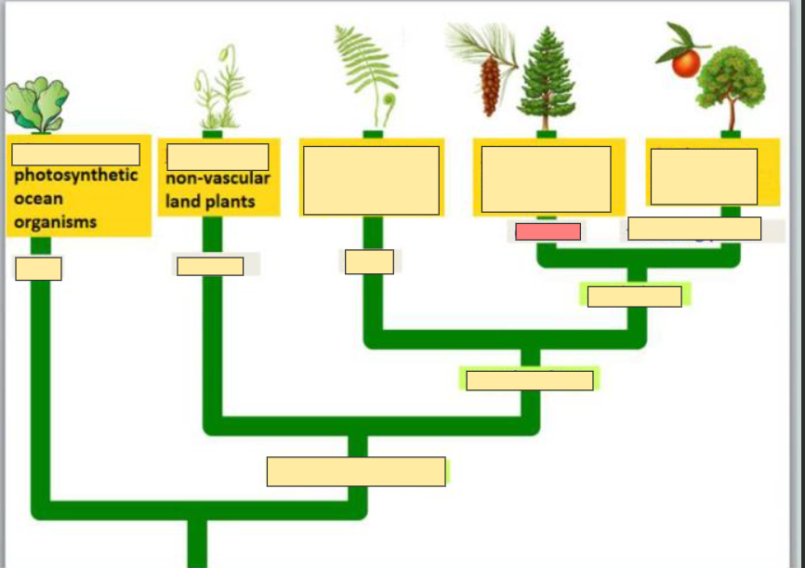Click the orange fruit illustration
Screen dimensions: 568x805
(686, 62)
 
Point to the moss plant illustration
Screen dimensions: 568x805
(219, 93)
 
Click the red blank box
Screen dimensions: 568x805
(548, 231)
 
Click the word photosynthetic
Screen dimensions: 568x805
(75, 176)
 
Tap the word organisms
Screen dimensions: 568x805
(55, 222)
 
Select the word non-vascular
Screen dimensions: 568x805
(218, 179)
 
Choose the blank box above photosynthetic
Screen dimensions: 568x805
(75, 154)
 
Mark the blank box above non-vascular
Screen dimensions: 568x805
(218, 156)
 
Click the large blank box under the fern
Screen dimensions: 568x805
(371, 180)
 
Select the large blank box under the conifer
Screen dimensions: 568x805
(546, 178)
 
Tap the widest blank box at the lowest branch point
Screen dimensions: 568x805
(356, 471)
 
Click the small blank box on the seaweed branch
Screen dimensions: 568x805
(38, 269)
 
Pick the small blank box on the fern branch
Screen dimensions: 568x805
(369, 262)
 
